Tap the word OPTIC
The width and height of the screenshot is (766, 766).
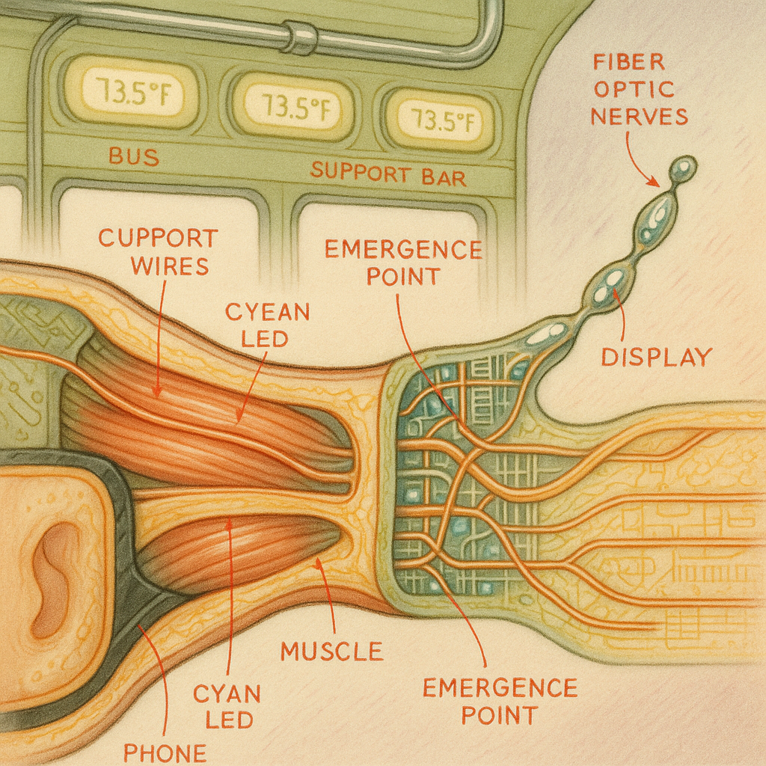638,90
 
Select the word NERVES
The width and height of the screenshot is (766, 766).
638,116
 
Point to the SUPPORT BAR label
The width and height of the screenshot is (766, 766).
388,174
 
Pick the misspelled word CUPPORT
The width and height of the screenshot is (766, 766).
158,239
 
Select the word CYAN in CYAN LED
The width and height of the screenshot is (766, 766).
227,693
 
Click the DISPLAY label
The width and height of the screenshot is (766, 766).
656,357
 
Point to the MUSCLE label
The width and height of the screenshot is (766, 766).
331,651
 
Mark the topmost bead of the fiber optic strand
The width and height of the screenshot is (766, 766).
683,169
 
